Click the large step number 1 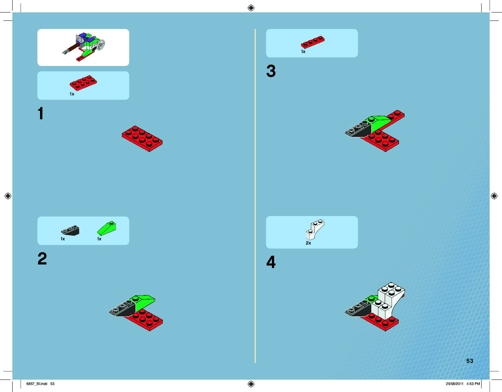[x=41, y=113]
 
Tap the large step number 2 [x=42, y=259]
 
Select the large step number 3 [x=271, y=71]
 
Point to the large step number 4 [x=271, y=262]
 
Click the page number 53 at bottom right [x=470, y=361]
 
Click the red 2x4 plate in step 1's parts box [x=83, y=83]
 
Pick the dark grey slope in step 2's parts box [x=70, y=231]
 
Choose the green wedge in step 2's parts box [x=107, y=228]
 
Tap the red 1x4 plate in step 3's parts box [x=313, y=42]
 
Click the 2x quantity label [x=308, y=243]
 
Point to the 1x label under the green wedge [x=99, y=239]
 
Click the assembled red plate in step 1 [x=142, y=139]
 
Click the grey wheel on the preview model [x=101, y=45]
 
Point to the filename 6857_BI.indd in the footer [x=37, y=384]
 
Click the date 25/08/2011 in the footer [x=455, y=384]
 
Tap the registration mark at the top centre [x=251, y=8]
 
